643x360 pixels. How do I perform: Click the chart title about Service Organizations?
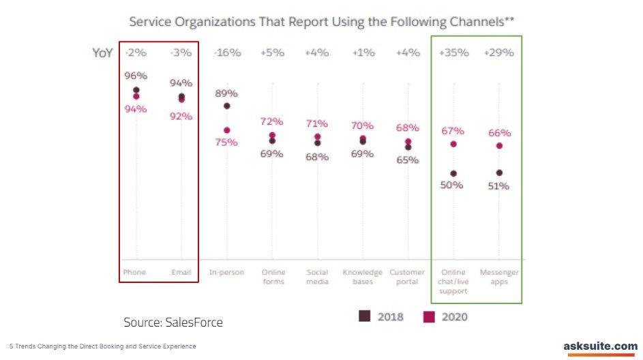tap(322, 22)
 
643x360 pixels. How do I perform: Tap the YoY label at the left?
tap(102, 52)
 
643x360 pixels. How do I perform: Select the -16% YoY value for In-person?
tap(226, 52)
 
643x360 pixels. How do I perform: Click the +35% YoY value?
tap(453, 52)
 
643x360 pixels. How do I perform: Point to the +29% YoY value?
tap(499, 52)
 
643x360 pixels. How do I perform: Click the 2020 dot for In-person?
tap(226, 130)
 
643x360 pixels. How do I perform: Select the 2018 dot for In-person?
tap(226, 106)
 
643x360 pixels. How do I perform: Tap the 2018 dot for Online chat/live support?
tap(453, 173)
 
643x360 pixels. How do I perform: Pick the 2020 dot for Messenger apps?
tap(499, 145)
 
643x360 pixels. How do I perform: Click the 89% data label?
tap(226, 93)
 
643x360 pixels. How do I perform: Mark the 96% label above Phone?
tap(136, 76)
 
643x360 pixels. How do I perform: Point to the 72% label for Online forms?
tap(271, 121)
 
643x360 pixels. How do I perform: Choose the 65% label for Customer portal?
tap(408, 160)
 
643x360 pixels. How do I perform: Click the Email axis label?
tap(181, 273)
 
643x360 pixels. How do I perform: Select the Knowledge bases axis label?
tap(362, 277)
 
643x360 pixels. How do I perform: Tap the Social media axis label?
tap(317, 277)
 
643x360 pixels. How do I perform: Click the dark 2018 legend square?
tap(365, 316)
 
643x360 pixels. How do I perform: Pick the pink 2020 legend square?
tap(429, 316)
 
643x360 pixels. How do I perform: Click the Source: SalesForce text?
tap(173, 322)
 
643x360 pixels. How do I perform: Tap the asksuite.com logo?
tap(600, 347)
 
